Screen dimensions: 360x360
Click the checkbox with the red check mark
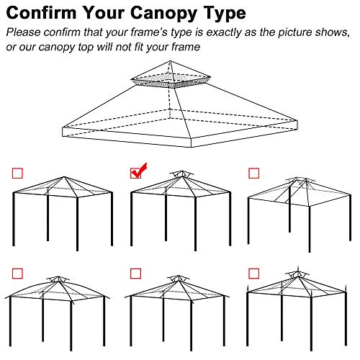click(x=135, y=173)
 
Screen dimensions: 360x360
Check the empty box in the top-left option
click(x=17, y=173)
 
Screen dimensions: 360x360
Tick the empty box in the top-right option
click(x=253, y=173)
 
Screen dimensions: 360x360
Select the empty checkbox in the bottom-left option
click(x=17, y=272)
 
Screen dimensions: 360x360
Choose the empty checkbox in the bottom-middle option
click(x=135, y=272)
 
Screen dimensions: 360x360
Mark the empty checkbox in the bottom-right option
click(x=253, y=272)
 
